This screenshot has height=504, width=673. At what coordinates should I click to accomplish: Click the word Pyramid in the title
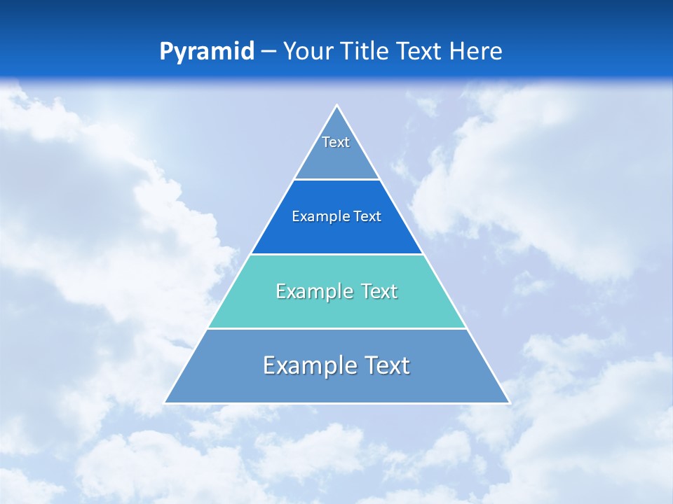click(x=207, y=52)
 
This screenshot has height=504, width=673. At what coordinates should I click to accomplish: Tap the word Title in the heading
click(x=365, y=52)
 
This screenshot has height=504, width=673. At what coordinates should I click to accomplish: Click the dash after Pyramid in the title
click(x=268, y=52)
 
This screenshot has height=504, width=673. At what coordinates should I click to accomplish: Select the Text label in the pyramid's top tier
click(x=336, y=142)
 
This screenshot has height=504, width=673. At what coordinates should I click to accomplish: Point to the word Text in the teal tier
click(x=379, y=291)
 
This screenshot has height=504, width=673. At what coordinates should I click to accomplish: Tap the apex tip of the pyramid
click(x=337, y=106)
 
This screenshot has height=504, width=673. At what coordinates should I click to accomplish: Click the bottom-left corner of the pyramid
click(x=165, y=402)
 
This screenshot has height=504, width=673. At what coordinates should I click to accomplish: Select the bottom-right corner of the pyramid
click(x=509, y=402)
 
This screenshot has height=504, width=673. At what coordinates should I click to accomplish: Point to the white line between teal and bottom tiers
click(x=337, y=328)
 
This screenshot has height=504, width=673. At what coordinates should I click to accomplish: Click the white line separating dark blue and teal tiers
click(x=337, y=254)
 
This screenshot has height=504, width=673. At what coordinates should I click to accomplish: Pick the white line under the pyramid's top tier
click(x=337, y=180)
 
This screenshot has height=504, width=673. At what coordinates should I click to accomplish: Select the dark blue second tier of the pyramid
click(x=337, y=234)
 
